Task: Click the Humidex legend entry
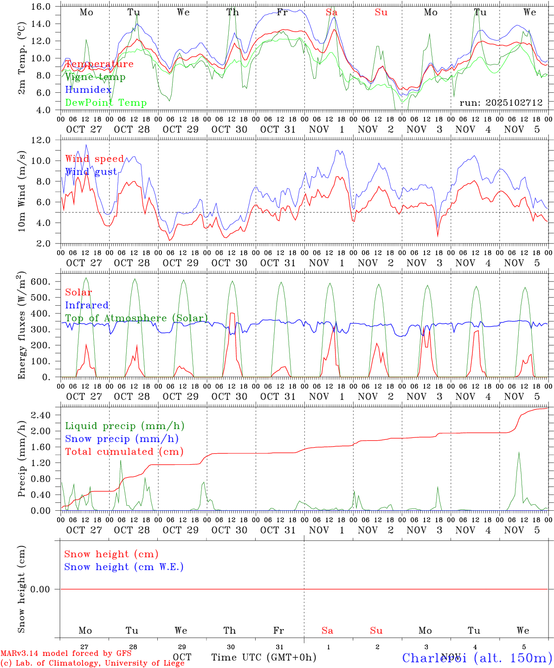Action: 88,90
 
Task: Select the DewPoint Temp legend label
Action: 106,103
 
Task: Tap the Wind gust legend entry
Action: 91,172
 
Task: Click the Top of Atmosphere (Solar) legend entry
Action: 136,318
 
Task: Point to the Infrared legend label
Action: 87,305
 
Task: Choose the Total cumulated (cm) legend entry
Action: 124,451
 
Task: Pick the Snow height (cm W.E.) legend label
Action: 124,567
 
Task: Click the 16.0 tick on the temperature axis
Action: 48,6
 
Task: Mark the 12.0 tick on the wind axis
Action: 48,140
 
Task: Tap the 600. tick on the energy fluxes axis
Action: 48,282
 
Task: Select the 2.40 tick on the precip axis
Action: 48,415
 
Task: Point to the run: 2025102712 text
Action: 501,103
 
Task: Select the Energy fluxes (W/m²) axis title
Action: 22,326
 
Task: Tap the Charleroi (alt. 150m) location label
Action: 477,658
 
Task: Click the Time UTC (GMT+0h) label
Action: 264,657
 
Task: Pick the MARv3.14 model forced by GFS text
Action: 66,654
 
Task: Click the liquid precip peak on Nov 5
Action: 519,452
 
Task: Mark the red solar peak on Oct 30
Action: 232,313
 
